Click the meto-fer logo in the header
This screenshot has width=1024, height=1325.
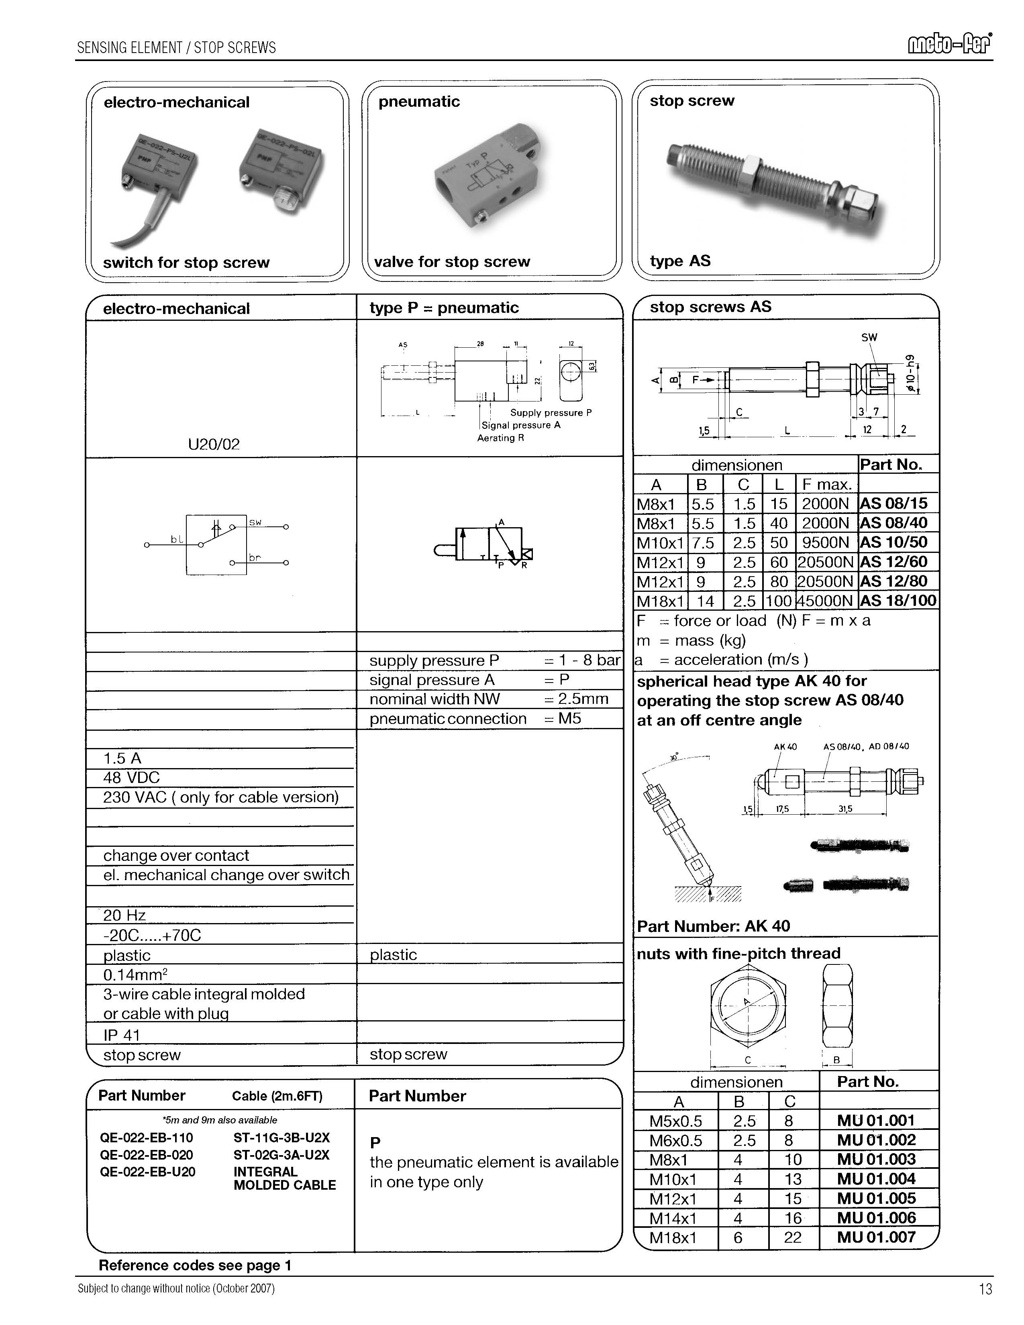949,45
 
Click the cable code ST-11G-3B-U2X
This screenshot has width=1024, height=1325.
281,1137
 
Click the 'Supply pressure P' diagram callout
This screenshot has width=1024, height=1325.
550,412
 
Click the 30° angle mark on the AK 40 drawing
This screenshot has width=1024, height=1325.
675,757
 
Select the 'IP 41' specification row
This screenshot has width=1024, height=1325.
122,1035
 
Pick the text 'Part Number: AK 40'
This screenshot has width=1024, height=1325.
713,926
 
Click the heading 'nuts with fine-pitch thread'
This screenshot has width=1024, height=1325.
738,954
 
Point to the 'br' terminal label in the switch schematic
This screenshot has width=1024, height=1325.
255,557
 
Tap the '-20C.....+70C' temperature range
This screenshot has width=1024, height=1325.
152,935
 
